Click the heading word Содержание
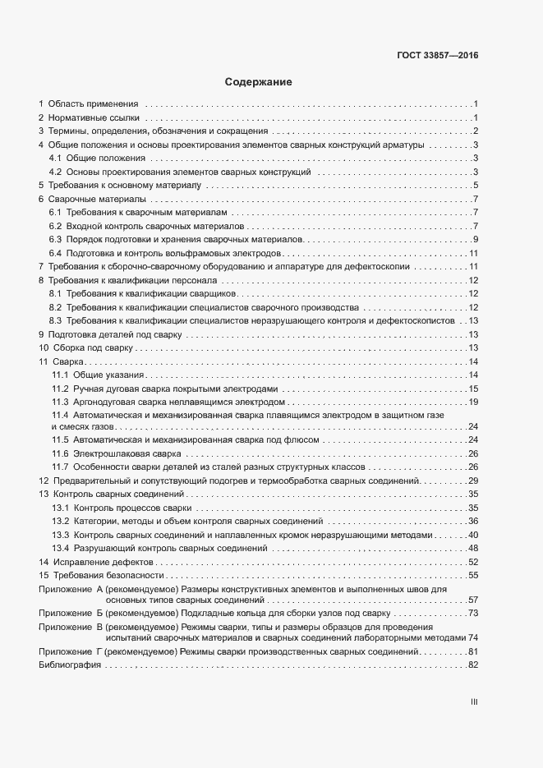click(259, 83)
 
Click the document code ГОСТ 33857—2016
click(437, 57)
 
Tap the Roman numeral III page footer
click(473, 702)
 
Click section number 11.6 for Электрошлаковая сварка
click(60, 453)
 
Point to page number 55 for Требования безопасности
click(473, 575)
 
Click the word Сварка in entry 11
click(69, 362)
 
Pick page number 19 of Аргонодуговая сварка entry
click(473, 402)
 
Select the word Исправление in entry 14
click(78, 562)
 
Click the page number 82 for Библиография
click(473, 665)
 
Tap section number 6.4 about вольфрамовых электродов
click(56, 252)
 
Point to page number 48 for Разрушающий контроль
click(473, 548)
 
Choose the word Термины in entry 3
click(67, 131)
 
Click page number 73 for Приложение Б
click(473, 614)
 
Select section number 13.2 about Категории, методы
click(60, 522)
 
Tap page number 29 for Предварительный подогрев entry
click(473, 480)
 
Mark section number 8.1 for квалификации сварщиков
click(56, 293)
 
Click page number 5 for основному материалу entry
click(476, 186)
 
